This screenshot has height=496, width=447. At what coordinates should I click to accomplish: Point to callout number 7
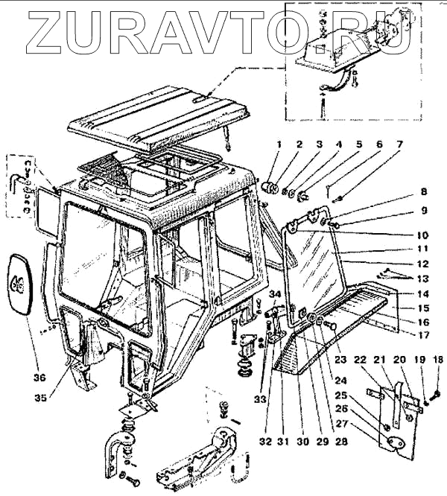[x=399, y=144]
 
